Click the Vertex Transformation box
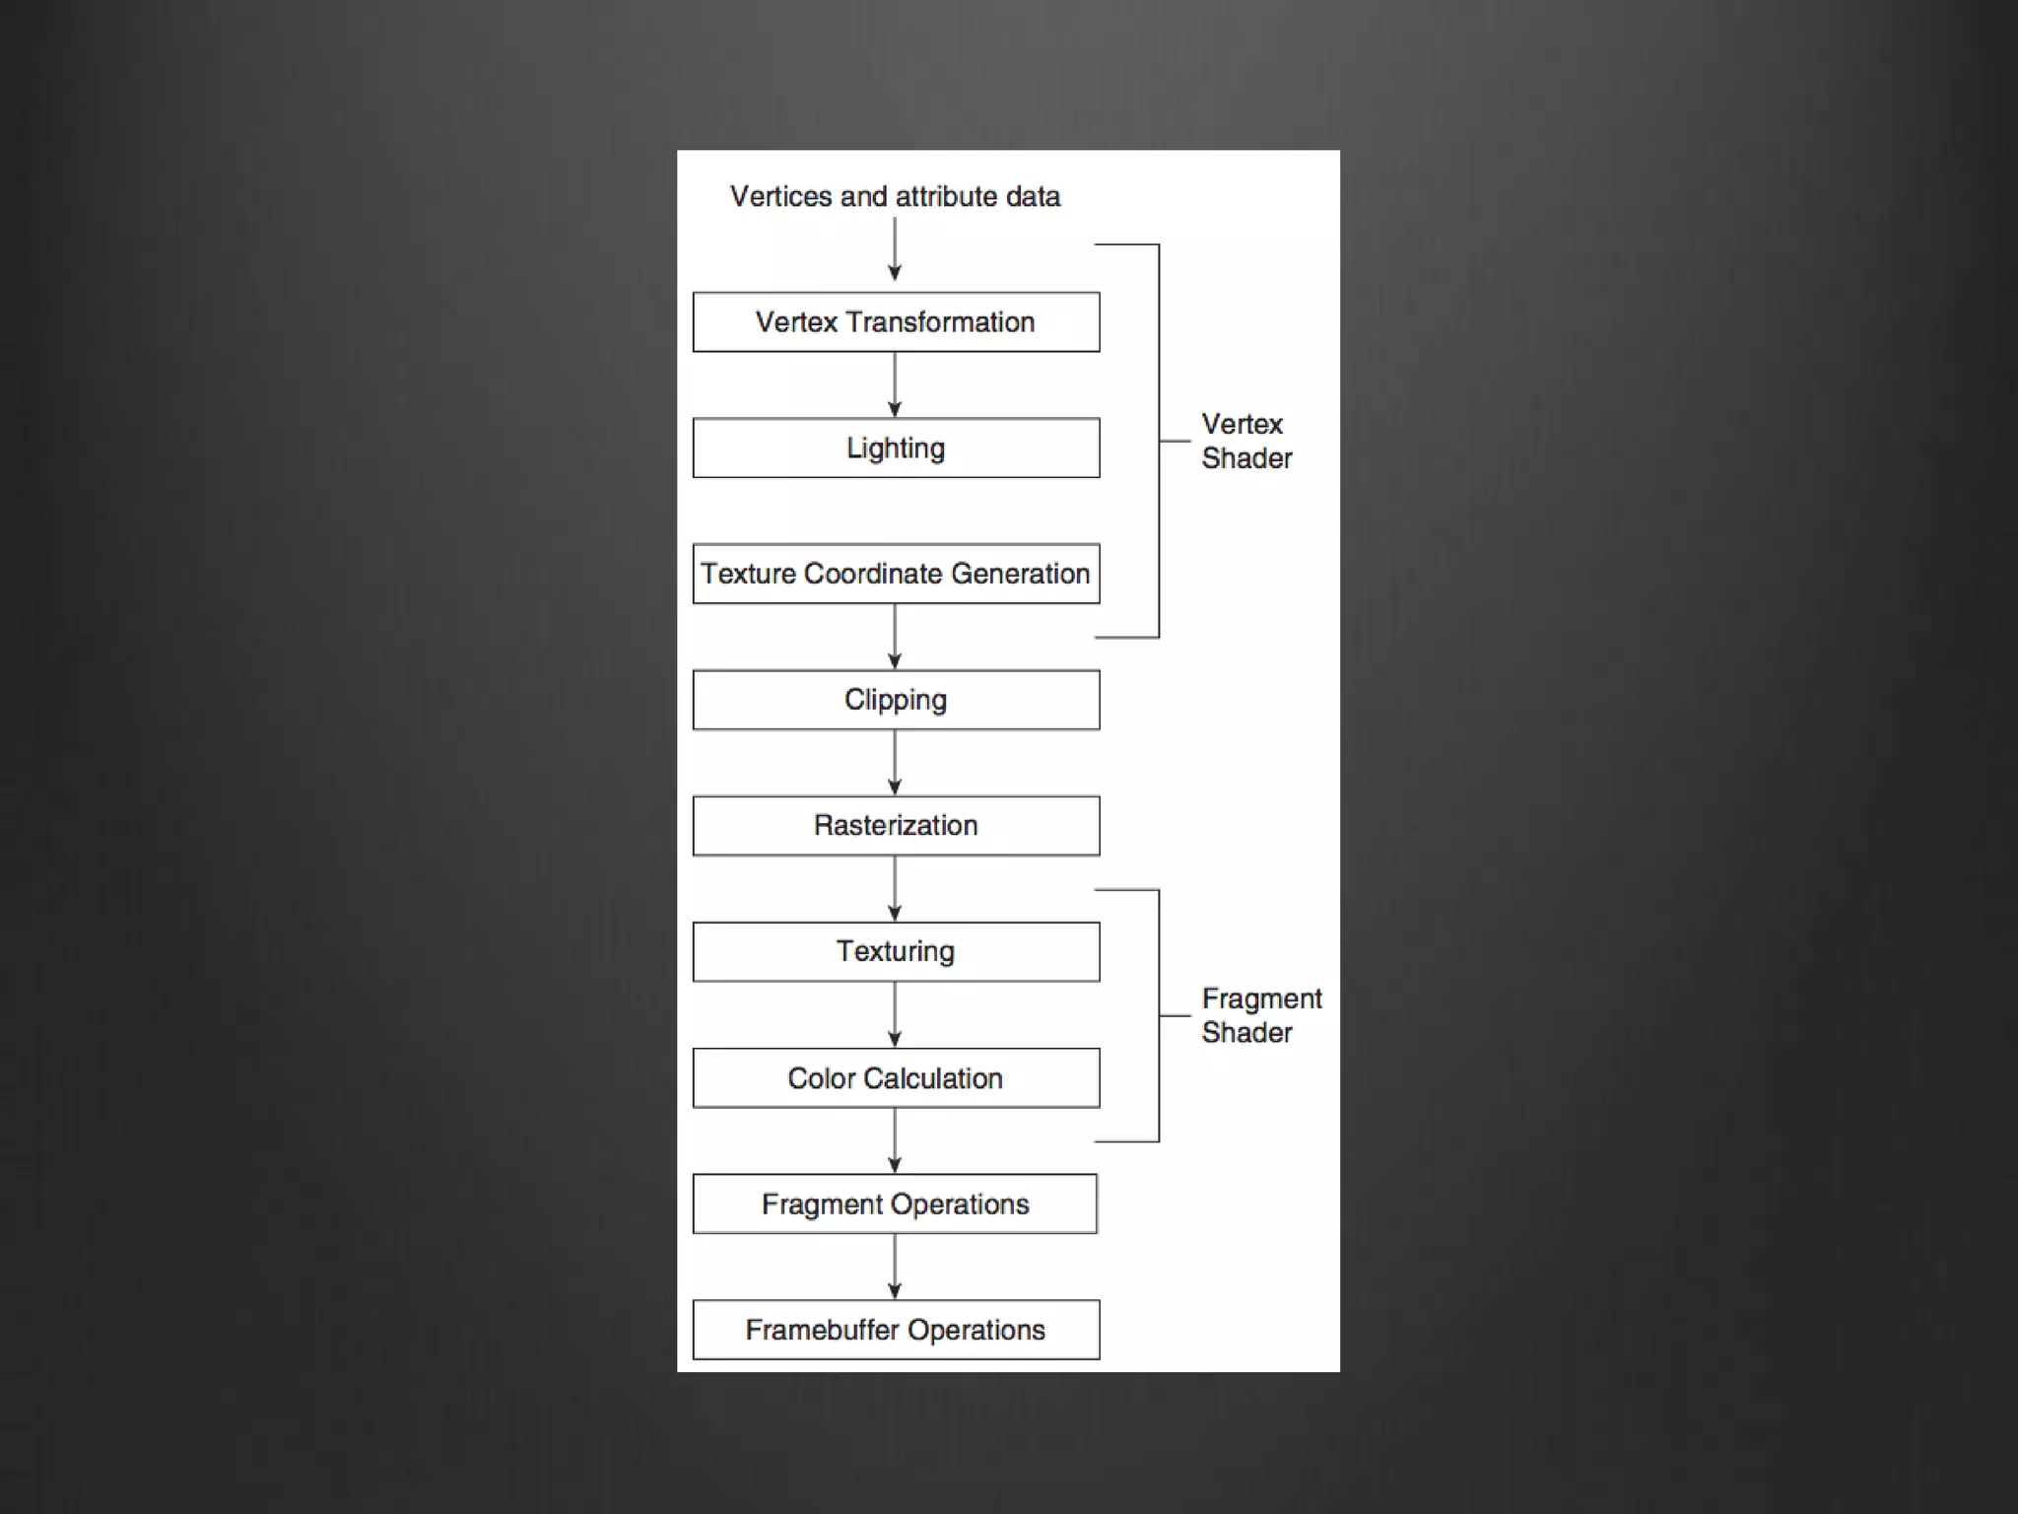tap(896, 322)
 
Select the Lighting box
tap(896, 448)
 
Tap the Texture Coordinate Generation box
tap(896, 574)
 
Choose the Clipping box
tap(896, 700)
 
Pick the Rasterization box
tap(896, 826)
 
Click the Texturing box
tap(896, 952)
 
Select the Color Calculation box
tap(896, 1078)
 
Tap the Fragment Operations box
tap(896, 1204)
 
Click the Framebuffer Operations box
tap(896, 1331)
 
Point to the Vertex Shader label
tap(1245, 441)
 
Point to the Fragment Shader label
tap(1260, 1015)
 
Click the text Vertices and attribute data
tap(895, 197)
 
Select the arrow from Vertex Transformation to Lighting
tap(895, 384)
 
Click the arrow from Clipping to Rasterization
tap(895, 763)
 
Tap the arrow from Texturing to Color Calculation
tap(895, 1015)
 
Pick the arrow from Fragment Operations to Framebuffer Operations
tap(895, 1267)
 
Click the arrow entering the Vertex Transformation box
tap(895, 249)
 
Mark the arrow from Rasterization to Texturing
tap(895, 889)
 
